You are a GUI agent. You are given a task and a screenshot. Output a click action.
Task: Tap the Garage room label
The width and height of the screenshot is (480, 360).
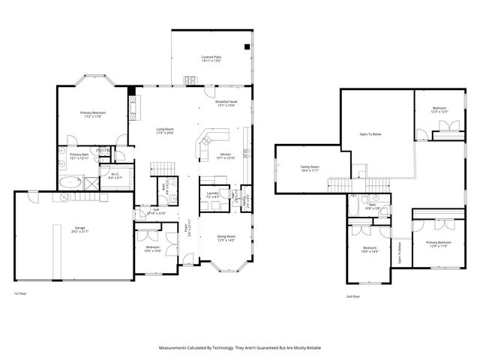79,229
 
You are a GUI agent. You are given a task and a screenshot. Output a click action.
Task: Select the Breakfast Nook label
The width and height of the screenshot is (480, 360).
226,103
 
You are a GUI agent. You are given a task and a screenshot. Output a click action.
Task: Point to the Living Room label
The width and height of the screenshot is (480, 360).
165,130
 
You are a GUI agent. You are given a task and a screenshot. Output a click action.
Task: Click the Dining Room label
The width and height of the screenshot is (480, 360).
226,237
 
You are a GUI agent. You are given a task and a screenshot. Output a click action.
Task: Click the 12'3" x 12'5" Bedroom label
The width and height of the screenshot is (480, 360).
439,110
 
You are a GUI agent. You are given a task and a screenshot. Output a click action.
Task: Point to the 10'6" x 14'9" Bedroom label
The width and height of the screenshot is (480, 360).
370,250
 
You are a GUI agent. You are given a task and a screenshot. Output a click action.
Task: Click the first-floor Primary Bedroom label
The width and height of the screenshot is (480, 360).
93,115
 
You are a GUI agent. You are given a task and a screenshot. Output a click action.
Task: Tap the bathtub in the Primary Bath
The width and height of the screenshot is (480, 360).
72,181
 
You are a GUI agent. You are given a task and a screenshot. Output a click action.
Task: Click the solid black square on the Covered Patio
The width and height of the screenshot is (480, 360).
246,46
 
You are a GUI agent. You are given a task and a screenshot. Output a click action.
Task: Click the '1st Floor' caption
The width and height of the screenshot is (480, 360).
20,293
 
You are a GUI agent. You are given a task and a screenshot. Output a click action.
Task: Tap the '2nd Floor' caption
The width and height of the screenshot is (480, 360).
352,297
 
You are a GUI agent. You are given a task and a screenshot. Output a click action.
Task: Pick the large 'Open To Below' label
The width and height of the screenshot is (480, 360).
370,134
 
